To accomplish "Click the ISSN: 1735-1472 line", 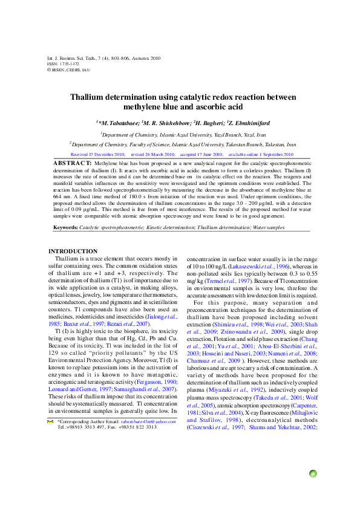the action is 63,63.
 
